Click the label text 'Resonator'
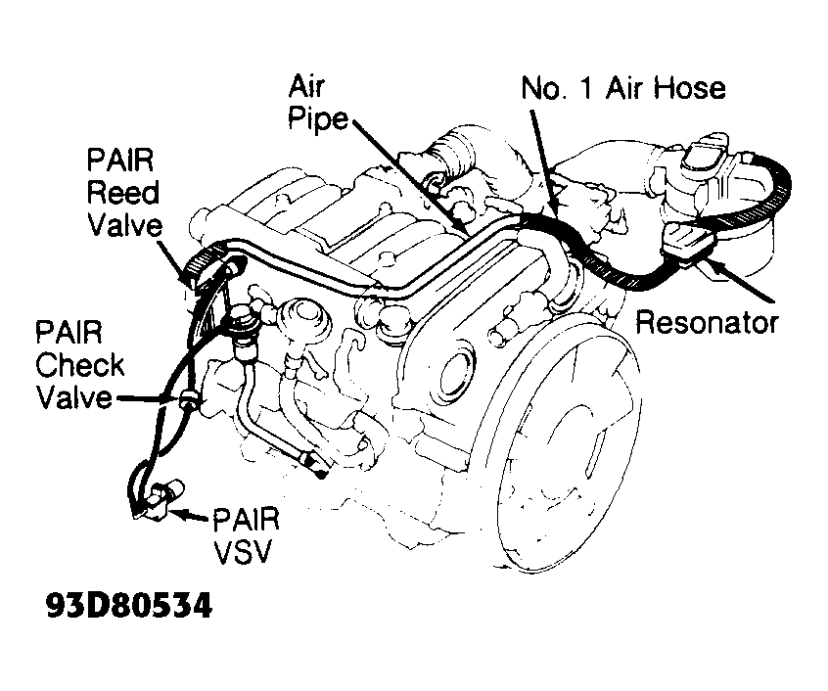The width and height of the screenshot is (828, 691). tap(707, 322)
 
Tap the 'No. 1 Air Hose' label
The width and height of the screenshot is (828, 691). tap(622, 88)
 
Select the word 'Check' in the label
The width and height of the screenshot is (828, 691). tap(80, 366)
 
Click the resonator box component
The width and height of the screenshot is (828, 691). tap(687, 241)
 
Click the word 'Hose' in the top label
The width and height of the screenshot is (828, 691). tap(689, 88)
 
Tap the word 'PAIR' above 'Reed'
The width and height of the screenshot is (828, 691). tap(119, 160)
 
